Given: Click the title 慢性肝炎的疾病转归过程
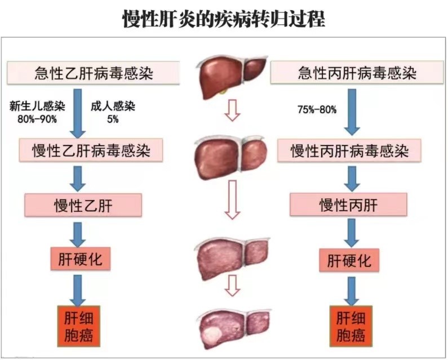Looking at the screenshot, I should coord(224,18).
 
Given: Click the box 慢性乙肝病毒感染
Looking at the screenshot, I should coord(92,150).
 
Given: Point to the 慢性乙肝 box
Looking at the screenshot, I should coord(83,205).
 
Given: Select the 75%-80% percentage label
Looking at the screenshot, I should coord(317,109).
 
